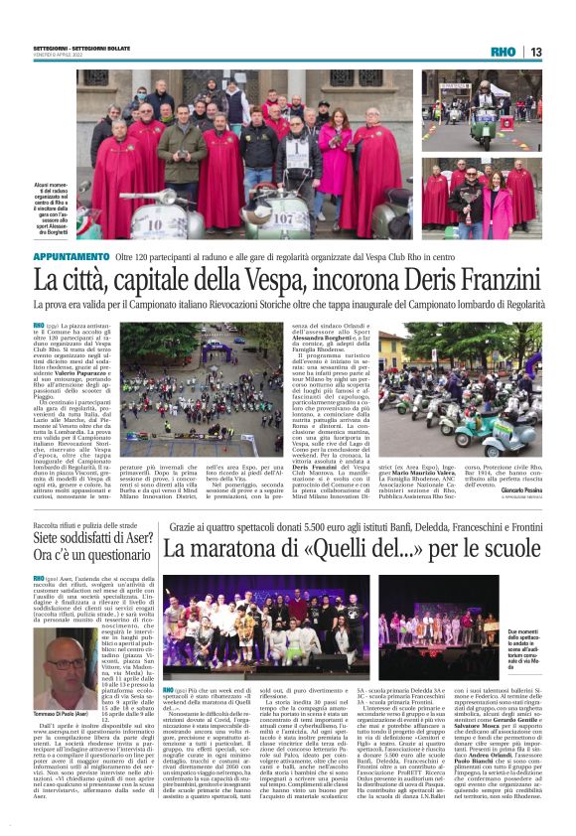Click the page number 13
click(536, 52)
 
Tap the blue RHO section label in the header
click(504, 52)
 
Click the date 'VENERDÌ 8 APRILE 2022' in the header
click(56, 58)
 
